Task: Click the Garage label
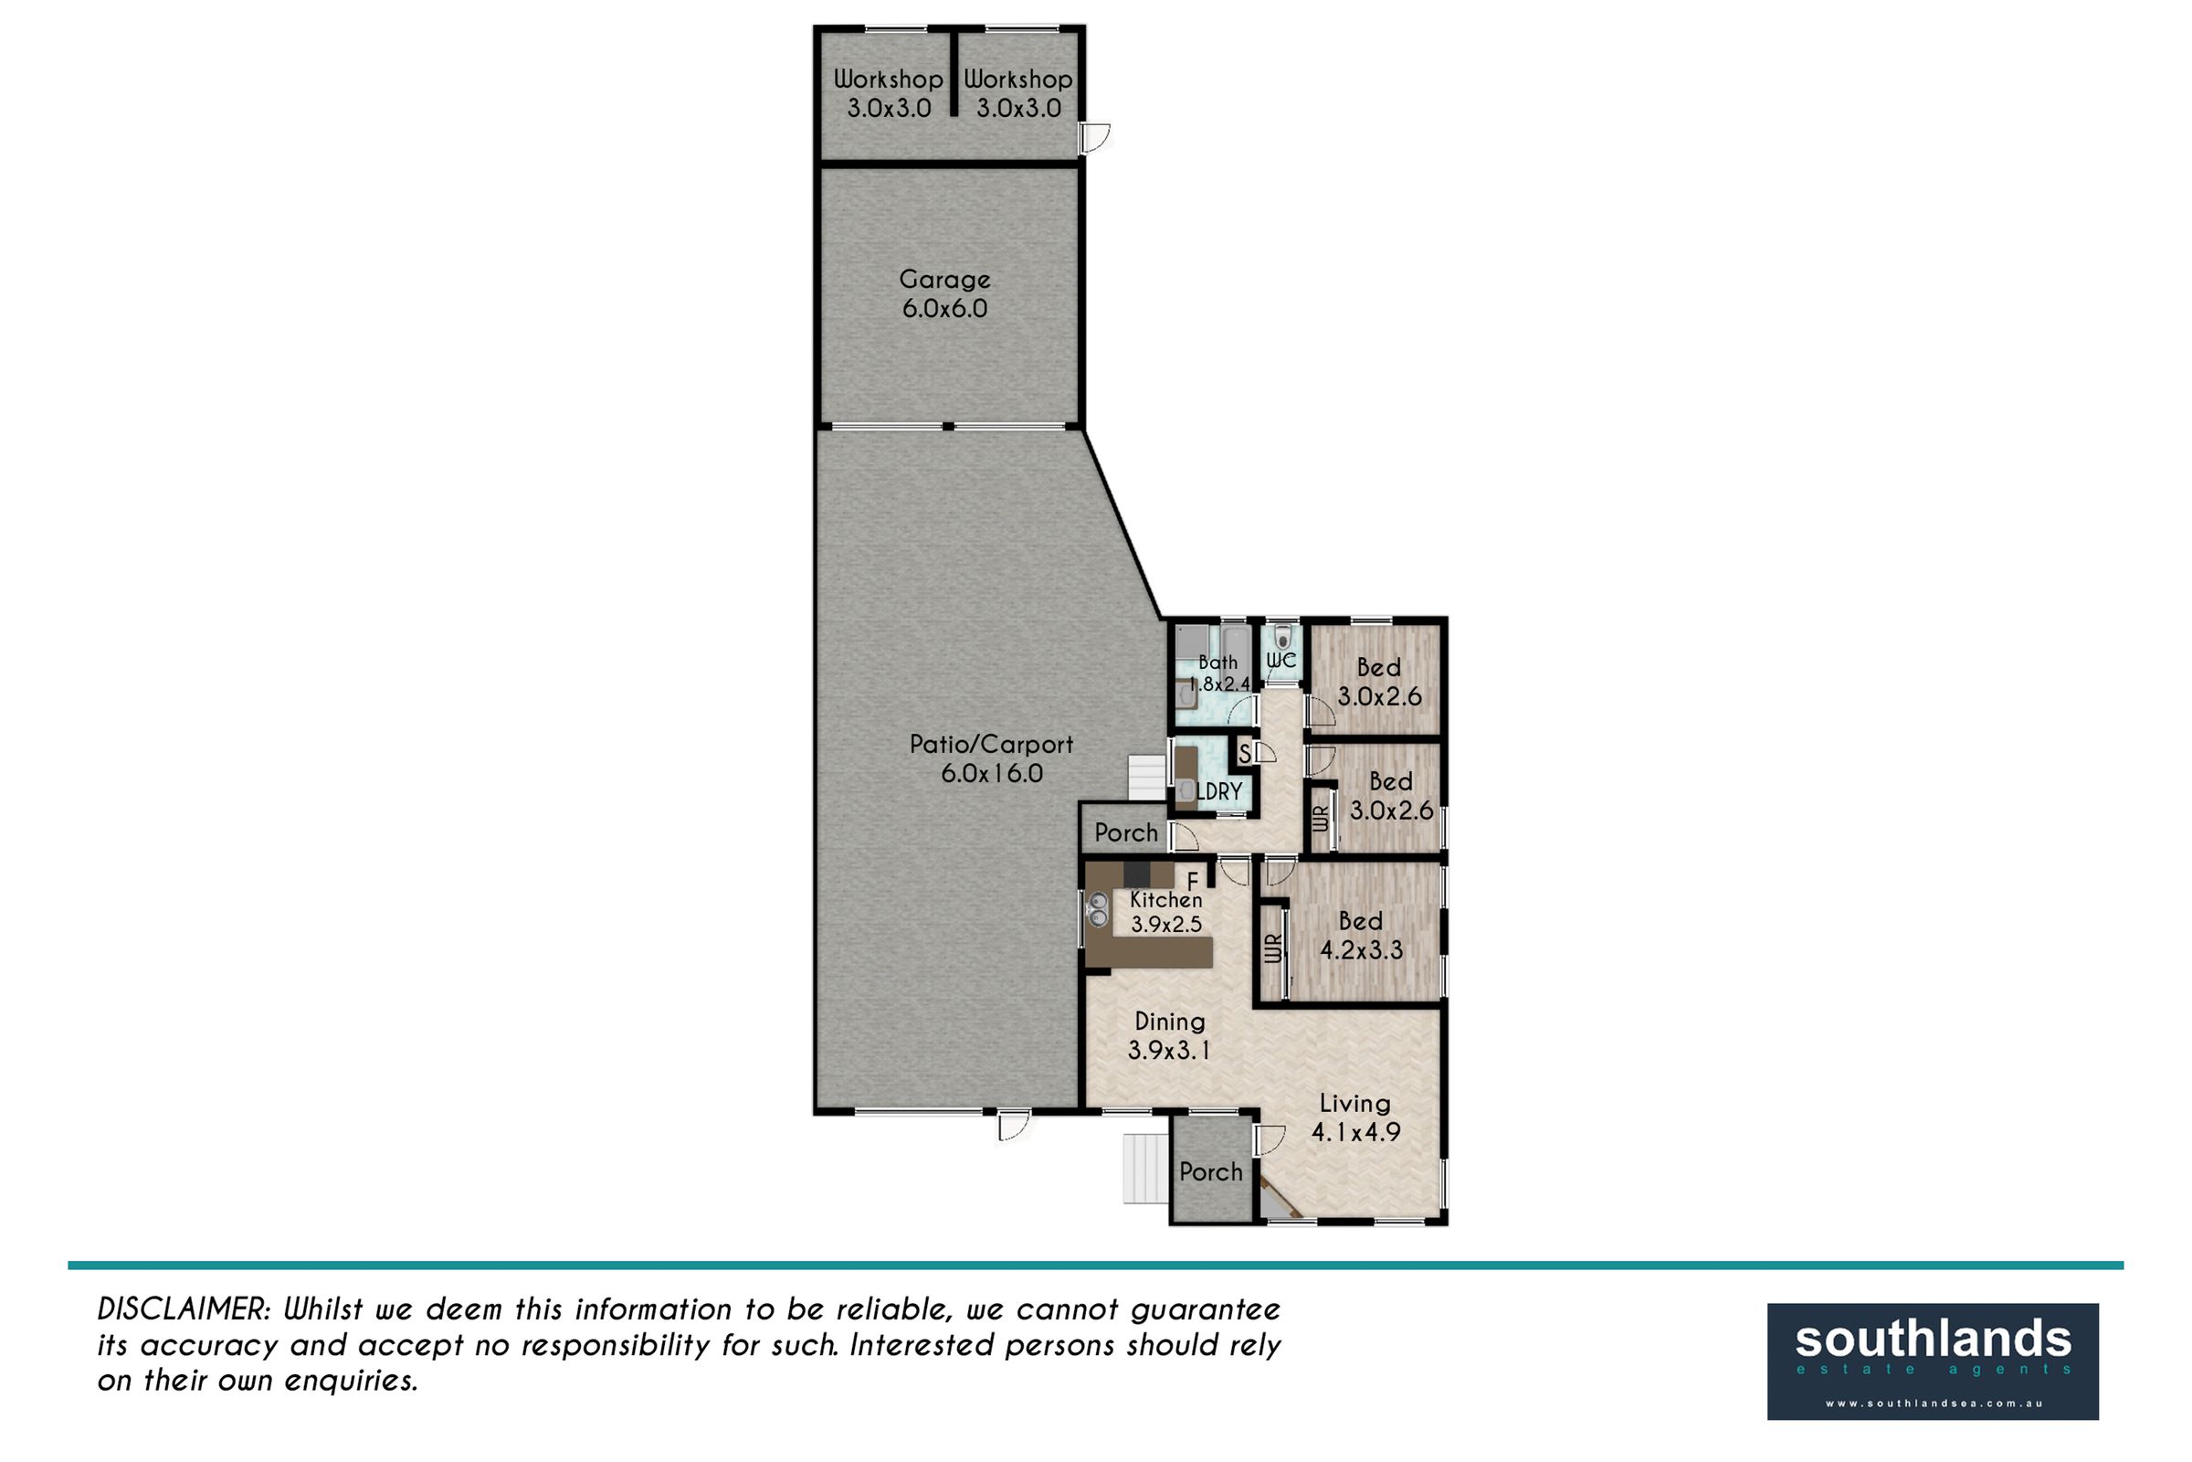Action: (x=945, y=280)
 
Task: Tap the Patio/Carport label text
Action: (x=992, y=744)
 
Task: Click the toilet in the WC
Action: (x=1282, y=637)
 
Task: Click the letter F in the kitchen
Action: (x=1192, y=881)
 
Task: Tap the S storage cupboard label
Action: (x=1244, y=752)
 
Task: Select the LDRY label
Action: (x=1219, y=791)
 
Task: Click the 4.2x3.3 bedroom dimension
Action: (x=1362, y=950)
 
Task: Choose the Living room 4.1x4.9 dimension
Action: (x=1356, y=1132)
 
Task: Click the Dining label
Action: (x=1170, y=1021)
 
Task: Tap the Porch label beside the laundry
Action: (x=1126, y=832)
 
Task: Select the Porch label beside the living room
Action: (x=1211, y=1172)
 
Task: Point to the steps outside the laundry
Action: (x=1148, y=778)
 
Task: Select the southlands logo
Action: (x=1933, y=1361)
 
